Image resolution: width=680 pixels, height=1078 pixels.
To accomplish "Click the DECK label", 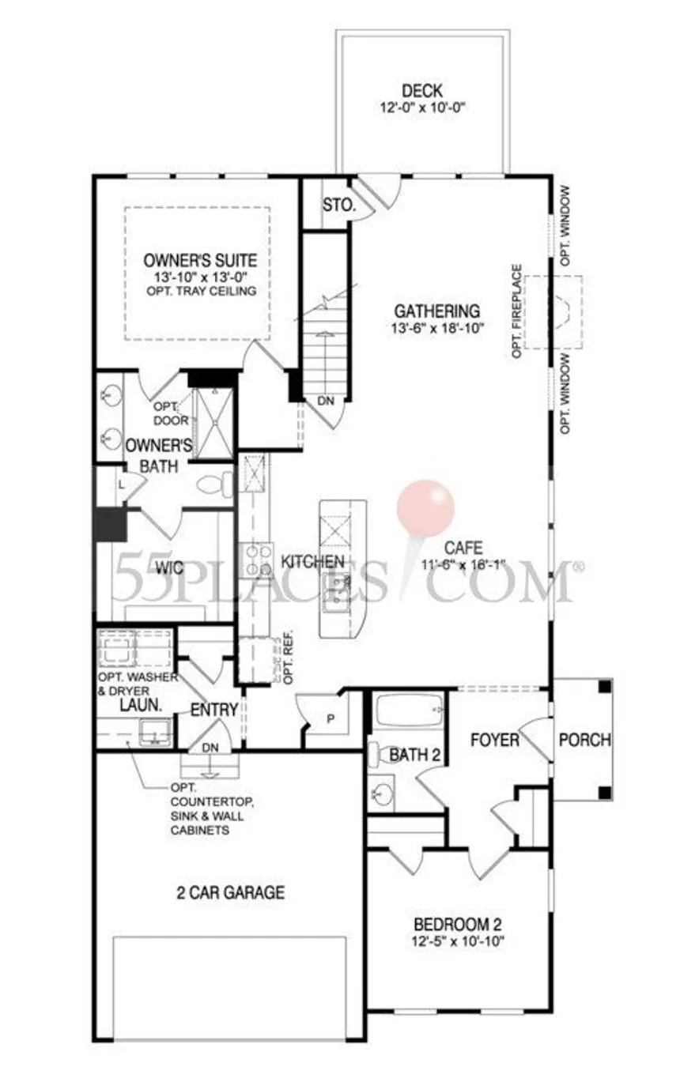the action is [x=422, y=90].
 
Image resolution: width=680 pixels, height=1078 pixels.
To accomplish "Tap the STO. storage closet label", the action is [x=339, y=205].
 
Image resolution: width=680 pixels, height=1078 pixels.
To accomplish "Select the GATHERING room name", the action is [x=437, y=311].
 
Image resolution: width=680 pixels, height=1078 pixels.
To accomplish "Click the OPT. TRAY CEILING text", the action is [x=202, y=291].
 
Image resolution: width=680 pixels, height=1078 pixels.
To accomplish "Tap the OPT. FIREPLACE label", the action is [x=517, y=311].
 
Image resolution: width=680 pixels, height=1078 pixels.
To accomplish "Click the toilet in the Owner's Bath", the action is [x=215, y=484].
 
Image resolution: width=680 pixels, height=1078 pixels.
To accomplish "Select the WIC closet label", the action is [x=169, y=568].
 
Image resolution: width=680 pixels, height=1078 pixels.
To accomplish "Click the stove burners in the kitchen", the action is [x=257, y=560].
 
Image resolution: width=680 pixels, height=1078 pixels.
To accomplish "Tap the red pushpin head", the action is [x=425, y=507].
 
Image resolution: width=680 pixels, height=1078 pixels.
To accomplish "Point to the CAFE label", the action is [x=463, y=548].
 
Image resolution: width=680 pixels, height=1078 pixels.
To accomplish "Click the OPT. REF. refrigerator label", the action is [x=289, y=657].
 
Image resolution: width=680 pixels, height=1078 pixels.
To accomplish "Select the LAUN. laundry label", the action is [x=140, y=705].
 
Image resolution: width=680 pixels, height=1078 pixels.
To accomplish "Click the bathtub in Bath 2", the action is [x=410, y=710].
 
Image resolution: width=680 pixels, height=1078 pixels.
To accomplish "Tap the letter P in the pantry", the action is [x=331, y=719].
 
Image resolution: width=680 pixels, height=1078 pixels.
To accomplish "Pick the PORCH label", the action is [x=584, y=740].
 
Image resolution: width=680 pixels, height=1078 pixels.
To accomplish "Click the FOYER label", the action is [x=495, y=741].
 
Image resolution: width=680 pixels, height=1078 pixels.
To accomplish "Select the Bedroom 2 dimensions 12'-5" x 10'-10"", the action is [x=458, y=940].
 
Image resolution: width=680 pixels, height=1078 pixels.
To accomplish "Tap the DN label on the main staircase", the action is [x=326, y=401].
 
